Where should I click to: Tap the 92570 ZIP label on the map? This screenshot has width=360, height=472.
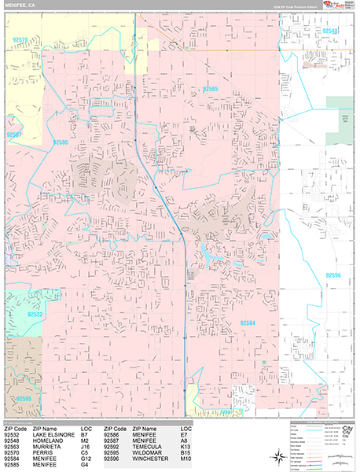(21, 39)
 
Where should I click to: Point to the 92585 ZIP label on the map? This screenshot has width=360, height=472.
(209, 89)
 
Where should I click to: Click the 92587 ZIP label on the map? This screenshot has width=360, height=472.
(15, 135)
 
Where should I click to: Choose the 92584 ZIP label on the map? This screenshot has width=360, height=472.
(248, 323)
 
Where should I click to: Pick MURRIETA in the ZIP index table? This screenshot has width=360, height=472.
(39, 446)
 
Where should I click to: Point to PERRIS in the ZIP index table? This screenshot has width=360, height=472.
(35, 452)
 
